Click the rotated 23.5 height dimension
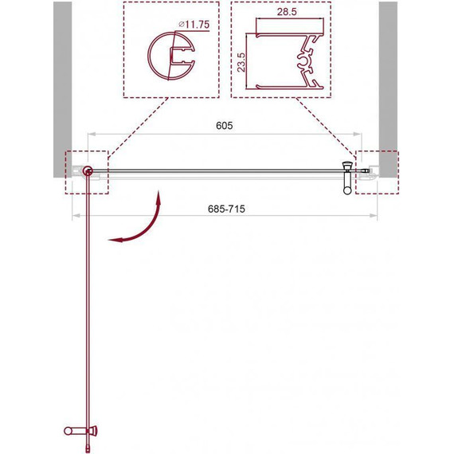coord(241,61)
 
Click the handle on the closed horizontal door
coord(346,177)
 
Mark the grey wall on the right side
coord(388,80)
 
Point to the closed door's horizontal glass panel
coord(215,170)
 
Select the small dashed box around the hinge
coord(84,172)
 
